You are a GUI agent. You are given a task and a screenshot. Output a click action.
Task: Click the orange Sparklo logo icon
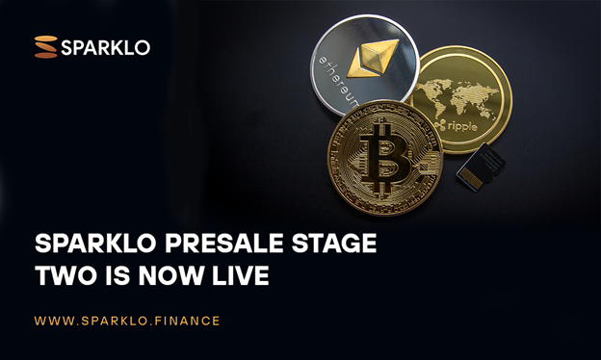point(45,46)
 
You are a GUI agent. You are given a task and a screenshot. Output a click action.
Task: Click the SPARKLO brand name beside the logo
point(106,46)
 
